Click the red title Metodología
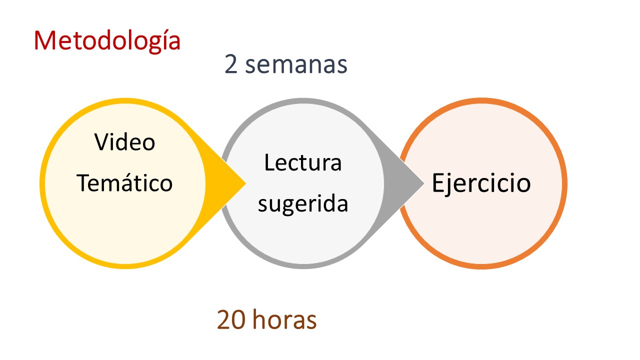pos(107,41)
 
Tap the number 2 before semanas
pos(231,64)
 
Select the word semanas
pos(296,65)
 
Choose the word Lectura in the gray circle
pos(303,162)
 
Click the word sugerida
pos(303,204)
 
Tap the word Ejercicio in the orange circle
pos(481,183)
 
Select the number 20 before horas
pos(231,320)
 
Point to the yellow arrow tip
pos(245,183)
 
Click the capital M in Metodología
pos(44,41)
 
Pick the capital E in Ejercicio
pos(438,182)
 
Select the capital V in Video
pos(103,141)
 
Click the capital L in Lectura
pos(269,162)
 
